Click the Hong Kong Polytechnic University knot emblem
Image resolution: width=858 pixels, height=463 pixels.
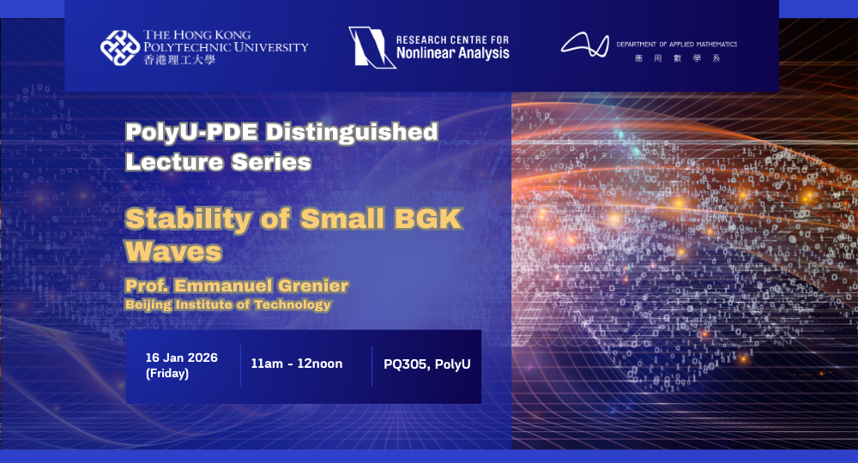coord(120,47)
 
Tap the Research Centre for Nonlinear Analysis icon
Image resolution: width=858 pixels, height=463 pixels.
coord(367,47)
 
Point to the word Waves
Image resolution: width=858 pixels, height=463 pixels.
coord(173,252)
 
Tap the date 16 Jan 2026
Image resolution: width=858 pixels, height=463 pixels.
coord(181,357)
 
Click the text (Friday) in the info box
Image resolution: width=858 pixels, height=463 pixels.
coord(167,373)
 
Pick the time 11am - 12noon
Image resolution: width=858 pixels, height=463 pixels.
coord(297,364)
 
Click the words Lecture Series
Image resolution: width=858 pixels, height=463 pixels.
coord(218,160)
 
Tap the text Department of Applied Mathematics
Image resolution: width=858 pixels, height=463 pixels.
coord(676,44)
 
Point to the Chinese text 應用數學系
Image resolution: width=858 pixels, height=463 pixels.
coord(676,58)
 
